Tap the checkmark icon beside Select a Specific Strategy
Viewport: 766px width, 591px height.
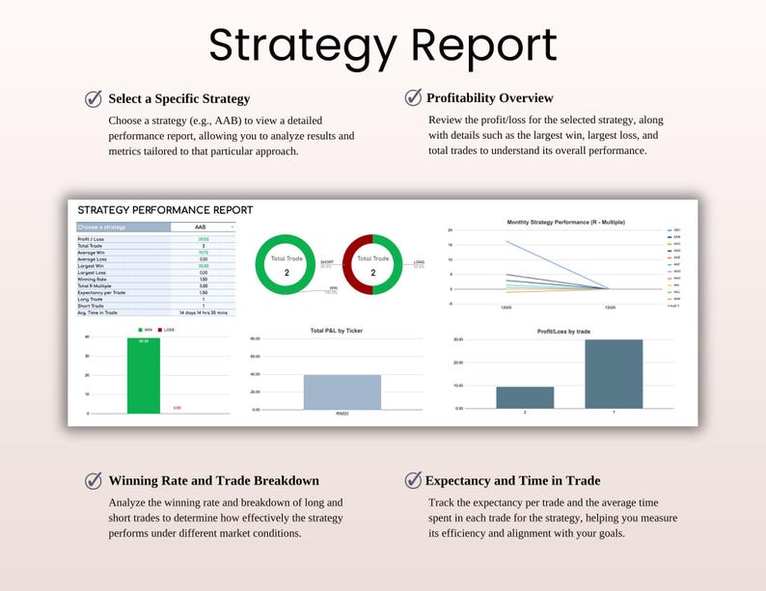(x=94, y=98)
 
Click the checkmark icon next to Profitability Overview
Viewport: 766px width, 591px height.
(x=413, y=97)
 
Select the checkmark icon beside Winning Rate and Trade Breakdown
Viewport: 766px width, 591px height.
(x=94, y=480)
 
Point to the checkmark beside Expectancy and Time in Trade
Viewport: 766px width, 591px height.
(x=413, y=480)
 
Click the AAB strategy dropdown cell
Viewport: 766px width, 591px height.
(x=203, y=227)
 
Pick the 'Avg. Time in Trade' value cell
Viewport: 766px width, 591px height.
(x=203, y=313)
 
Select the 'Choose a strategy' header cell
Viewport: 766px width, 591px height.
(x=122, y=227)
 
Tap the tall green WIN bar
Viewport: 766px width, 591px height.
(x=144, y=375)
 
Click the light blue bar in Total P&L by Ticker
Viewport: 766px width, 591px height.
(x=342, y=391)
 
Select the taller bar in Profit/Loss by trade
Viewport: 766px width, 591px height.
(x=614, y=374)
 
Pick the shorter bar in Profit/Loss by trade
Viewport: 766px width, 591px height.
(x=525, y=397)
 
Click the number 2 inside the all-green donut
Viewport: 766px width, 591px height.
(x=287, y=274)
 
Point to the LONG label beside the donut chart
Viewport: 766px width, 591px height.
(x=419, y=261)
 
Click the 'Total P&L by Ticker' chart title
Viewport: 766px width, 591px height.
(x=342, y=331)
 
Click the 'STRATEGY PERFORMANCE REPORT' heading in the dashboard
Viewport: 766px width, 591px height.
(x=165, y=209)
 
